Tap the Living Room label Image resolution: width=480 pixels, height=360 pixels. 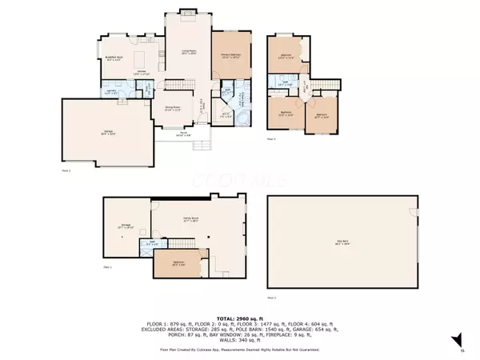[x=188, y=52]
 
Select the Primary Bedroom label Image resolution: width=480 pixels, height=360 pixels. [x=230, y=55]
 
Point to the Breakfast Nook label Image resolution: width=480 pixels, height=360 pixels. [x=114, y=58]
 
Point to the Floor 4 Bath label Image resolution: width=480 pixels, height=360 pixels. [x=284, y=82]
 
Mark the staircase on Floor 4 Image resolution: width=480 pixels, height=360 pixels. [x=322, y=85]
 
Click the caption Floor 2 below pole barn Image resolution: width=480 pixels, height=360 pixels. [x=270, y=298]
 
